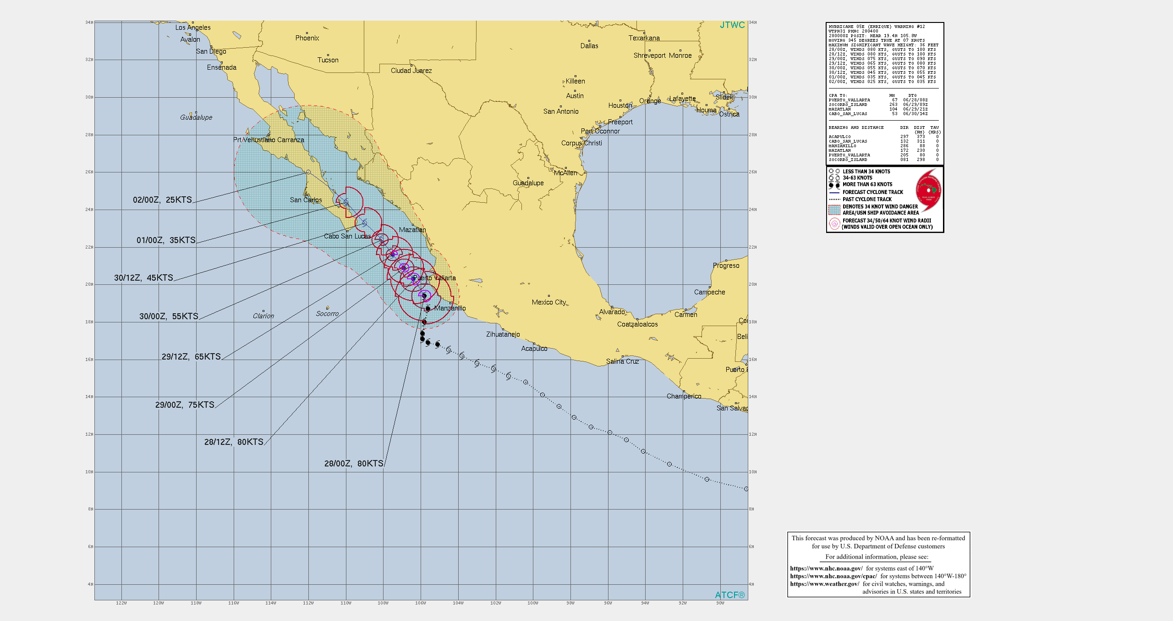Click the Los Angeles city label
click(193, 28)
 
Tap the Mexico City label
click(548, 302)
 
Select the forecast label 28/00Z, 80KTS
click(353, 464)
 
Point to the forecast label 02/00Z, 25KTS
click(162, 200)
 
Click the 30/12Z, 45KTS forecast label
click(143, 278)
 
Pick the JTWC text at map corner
click(732, 25)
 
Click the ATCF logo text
click(729, 595)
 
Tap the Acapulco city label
click(534, 349)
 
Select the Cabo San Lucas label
click(347, 236)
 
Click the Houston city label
click(620, 105)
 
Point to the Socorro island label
click(327, 314)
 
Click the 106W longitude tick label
click(420, 603)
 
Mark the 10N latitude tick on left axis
click(89, 472)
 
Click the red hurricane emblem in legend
click(928, 190)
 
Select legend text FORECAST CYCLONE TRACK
click(872, 192)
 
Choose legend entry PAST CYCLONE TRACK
click(867, 199)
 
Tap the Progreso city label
click(726, 266)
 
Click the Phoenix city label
click(307, 38)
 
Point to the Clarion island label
click(263, 316)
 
